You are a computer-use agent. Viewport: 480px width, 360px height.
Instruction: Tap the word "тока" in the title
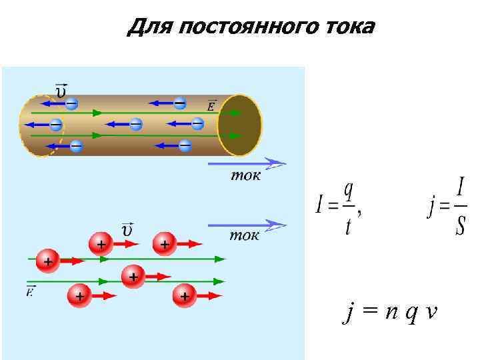click(347, 27)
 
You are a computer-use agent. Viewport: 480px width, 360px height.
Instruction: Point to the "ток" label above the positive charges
click(245, 235)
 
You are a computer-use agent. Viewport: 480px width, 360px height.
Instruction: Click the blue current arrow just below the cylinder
click(247, 162)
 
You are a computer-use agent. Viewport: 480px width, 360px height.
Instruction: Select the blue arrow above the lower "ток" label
click(247, 225)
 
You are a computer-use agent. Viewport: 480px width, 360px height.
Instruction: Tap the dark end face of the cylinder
click(241, 125)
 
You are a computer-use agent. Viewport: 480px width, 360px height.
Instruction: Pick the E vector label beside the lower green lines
click(31, 291)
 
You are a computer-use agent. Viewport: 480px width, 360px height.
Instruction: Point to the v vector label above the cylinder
click(61, 90)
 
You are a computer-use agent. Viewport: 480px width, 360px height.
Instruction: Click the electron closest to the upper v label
click(72, 103)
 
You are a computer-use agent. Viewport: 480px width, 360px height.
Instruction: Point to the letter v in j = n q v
click(431, 311)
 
